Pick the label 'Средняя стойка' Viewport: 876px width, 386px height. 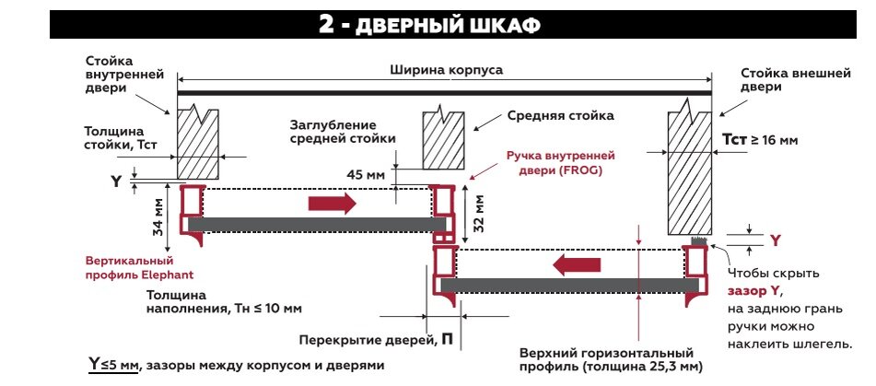pyautogui.click(x=560, y=117)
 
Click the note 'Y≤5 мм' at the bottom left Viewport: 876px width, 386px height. pyautogui.click(x=111, y=365)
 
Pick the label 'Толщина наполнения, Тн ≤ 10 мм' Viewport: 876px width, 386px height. pyautogui.click(x=224, y=302)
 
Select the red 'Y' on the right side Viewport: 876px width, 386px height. pyautogui.click(x=775, y=241)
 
